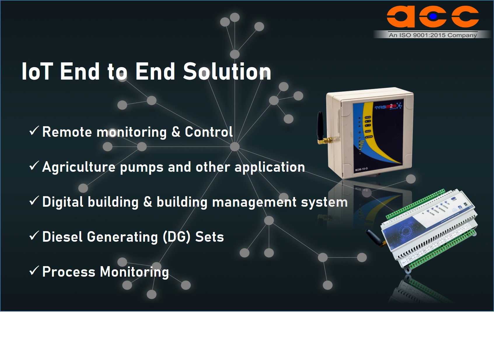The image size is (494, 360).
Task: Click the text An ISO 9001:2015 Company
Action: pyautogui.click(x=433, y=35)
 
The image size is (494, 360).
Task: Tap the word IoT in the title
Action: pyautogui.click(x=37, y=71)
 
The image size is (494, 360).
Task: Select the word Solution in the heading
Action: pyautogui.click(x=227, y=71)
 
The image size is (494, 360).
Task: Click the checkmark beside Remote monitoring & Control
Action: pyautogui.click(x=34, y=131)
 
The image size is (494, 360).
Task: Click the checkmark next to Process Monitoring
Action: pyautogui.click(x=34, y=271)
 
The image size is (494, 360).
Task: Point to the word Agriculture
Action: pyautogui.click(x=79, y=167)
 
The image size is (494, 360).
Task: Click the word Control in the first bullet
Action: pyautogui.click(x=209, y=132)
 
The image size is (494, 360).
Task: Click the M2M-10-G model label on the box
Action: pyautogui.click(x=361, y=169)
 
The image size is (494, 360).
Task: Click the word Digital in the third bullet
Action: pyautogui.click(x=62, y=202)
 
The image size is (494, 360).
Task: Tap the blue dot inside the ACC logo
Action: pyautogui.click(x=433, y=17)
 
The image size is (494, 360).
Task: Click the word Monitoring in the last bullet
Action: pyautogui.click(x=134, y=272)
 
